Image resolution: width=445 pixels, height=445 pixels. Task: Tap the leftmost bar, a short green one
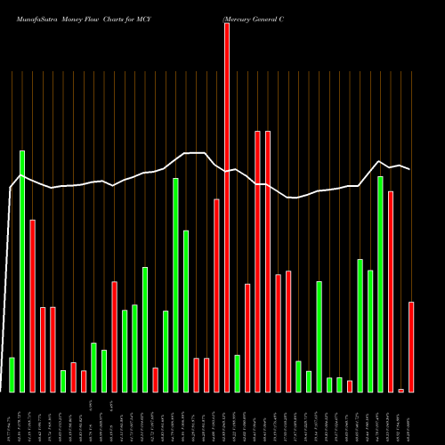pos(12,374)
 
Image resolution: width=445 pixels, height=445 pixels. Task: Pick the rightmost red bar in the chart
pos(411,347)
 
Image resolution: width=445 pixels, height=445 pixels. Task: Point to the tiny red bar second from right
pos(401,390)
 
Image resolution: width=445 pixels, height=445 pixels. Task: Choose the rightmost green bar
pos(380,284)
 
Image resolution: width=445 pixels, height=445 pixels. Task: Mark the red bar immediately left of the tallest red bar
pos(216,295)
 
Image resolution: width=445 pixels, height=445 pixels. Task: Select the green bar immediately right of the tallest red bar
pos(237,373)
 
